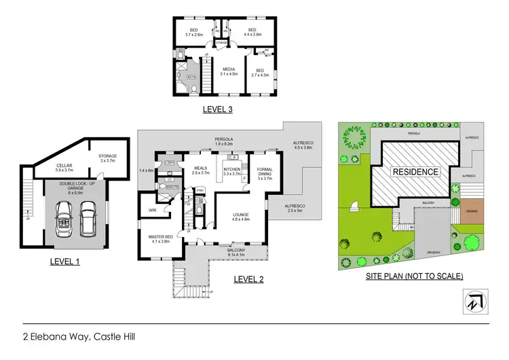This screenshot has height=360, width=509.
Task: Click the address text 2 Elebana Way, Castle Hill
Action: coord(82,336)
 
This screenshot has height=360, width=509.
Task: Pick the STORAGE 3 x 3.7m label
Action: coord(107,158)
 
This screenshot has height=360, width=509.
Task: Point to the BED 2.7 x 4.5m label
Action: coord(261,73)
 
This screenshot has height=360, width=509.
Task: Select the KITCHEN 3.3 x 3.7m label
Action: coord(233,171)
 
